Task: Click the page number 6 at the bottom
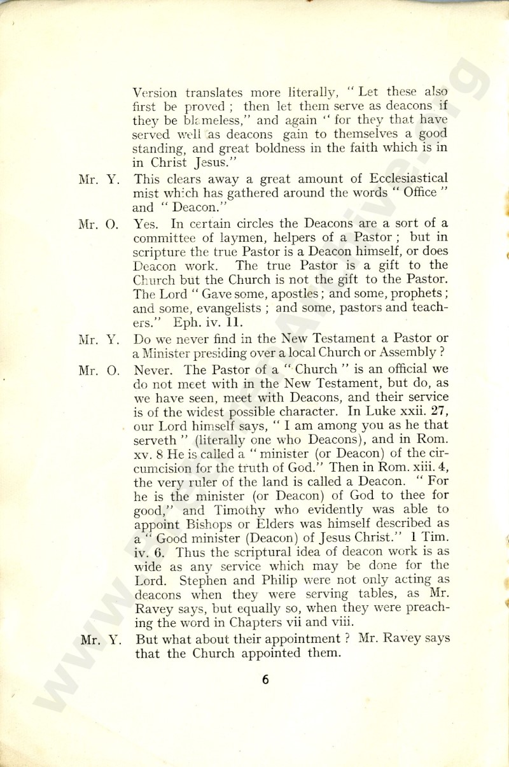coord(265,679)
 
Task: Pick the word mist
coord(146,193)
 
